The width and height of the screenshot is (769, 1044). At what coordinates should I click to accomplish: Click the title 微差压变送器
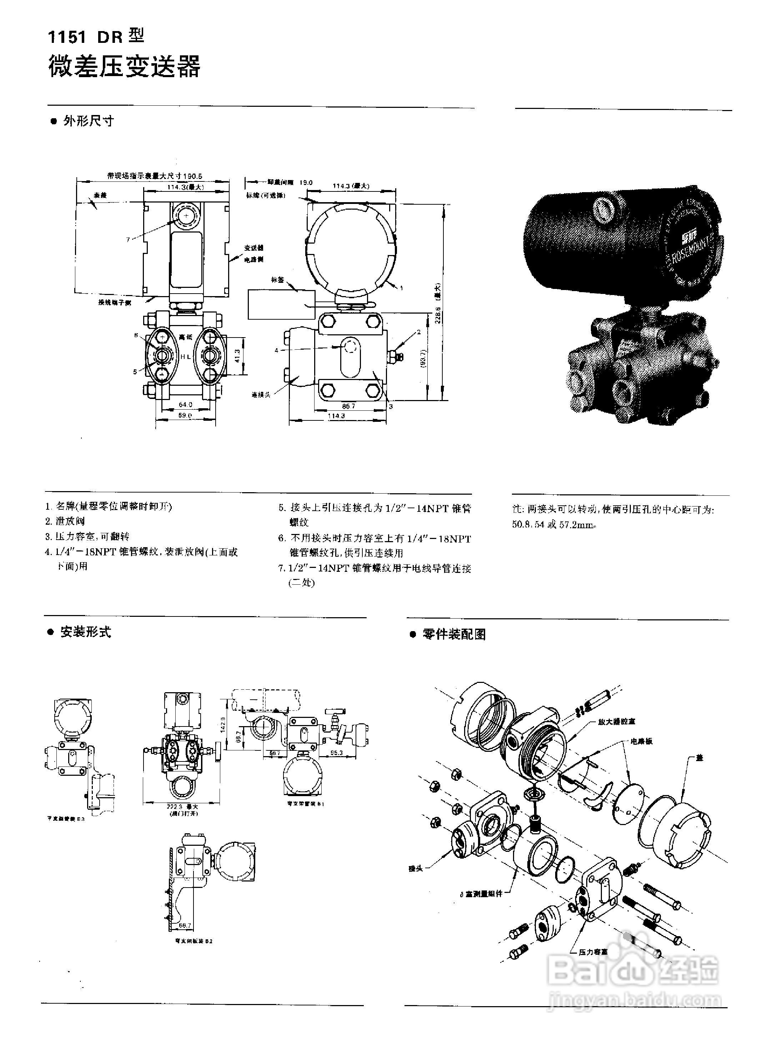[124, 66]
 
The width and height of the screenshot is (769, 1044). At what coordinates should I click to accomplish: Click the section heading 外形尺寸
[89, 121]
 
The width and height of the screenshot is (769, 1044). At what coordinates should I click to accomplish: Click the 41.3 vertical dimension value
[237, 356]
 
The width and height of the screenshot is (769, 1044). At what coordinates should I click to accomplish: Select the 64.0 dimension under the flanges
[185, 404]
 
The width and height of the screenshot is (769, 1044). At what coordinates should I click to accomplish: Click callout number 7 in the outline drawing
[128, 239]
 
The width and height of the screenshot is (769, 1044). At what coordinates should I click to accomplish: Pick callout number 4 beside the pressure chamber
[277, 350]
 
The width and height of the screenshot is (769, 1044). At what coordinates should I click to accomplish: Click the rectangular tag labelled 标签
[281, 305]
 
